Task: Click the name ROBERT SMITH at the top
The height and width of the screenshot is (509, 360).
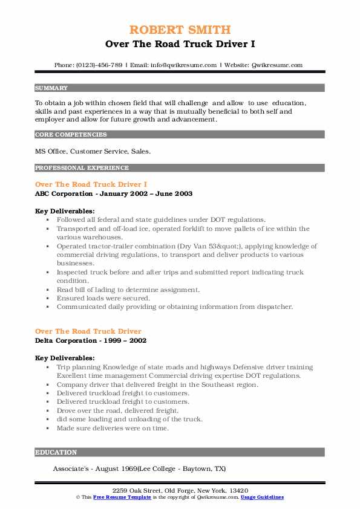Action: (x=180, y=30)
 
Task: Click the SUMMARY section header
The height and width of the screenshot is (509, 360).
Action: (x=51, y=88)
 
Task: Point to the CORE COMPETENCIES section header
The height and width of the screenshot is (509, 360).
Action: (x=71, y=135)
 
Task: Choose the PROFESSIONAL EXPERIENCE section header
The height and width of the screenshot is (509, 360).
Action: (x=82, y=167)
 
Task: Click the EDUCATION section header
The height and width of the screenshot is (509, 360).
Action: (x=56, y=452)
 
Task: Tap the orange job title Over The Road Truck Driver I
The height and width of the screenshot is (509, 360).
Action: (x=91, y=184)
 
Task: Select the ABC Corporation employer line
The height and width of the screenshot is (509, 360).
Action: (x=114, y=193)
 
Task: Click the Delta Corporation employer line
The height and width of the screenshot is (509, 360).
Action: (x=91, y=340)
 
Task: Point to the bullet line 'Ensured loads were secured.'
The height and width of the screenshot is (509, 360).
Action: (x=103, y=298)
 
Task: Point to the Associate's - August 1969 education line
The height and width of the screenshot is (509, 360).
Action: (x=139, y=468)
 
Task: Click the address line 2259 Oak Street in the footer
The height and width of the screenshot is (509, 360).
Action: (x=180, y=490)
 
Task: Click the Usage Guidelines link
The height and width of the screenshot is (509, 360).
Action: (x=262, y=497)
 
